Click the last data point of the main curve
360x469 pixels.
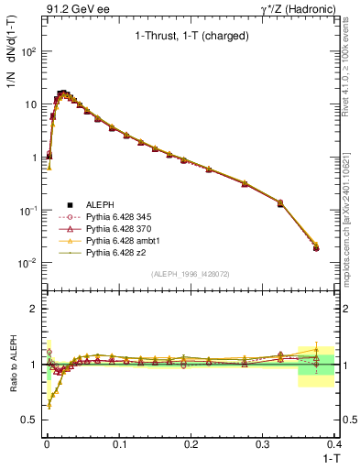(x=316, y=248)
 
